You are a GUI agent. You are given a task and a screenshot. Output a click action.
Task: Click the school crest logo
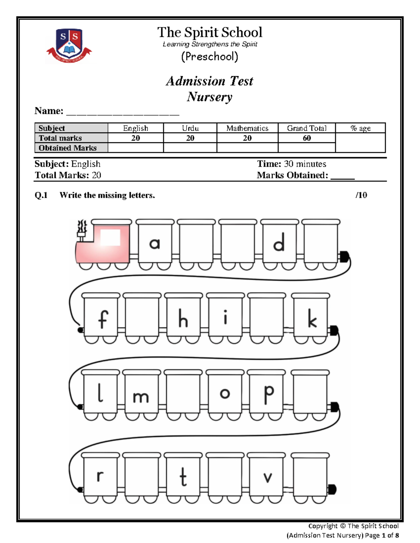[69, 45]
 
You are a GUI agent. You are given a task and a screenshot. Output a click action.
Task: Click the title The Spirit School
[210, 32]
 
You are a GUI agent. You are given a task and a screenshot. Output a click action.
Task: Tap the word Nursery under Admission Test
[210, 97]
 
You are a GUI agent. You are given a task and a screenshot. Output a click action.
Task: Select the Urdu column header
[190, 128]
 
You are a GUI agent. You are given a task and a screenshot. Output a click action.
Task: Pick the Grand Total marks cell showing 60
[307, 138]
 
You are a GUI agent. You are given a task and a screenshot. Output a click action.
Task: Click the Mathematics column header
[247, 128]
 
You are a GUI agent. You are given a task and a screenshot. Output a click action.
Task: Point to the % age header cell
[360, 128]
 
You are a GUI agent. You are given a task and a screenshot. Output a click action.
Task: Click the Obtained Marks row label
[68, 148]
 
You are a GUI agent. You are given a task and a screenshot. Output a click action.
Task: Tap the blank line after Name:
[122, 113]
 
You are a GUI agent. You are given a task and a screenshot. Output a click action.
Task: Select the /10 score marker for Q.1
[361, 195]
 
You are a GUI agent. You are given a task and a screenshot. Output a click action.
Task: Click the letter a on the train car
[154, 244]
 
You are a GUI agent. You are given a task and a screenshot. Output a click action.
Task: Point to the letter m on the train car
[141, 397]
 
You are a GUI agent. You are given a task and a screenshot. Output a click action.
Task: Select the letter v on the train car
[268, 477]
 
